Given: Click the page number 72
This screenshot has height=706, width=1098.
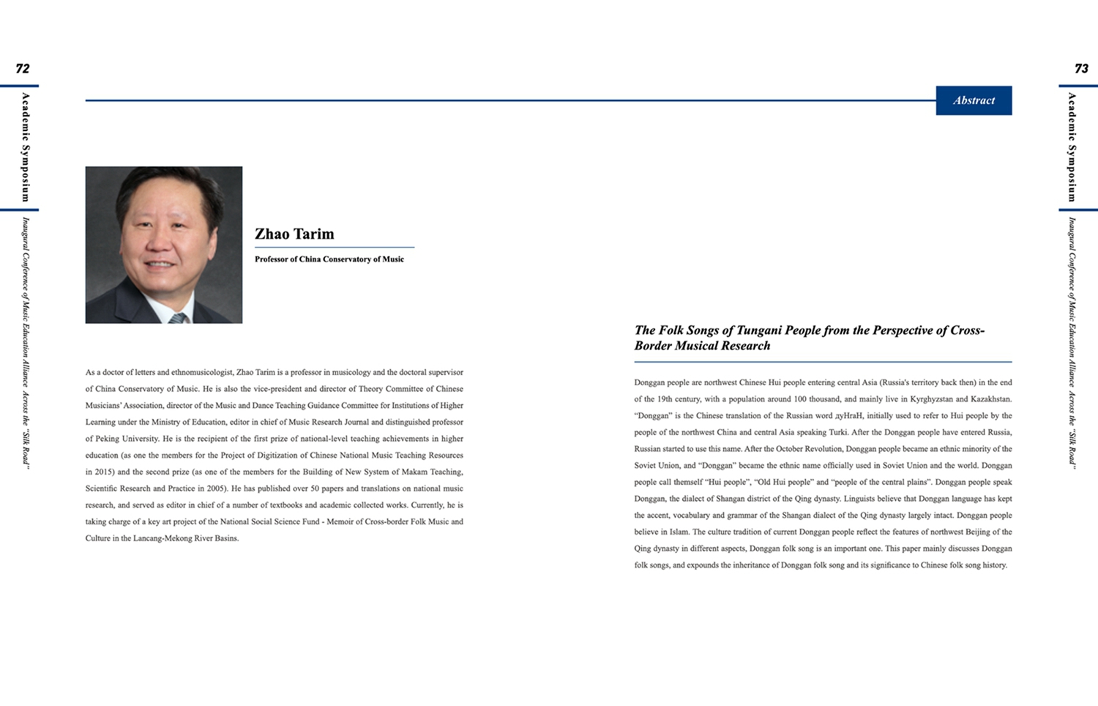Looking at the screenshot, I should pos(23,69).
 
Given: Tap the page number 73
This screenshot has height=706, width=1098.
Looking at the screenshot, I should pos(1081,69).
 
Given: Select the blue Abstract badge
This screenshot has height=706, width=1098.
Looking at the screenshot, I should pos(974,100).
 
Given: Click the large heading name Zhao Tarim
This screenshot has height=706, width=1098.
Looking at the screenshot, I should pos(294,234).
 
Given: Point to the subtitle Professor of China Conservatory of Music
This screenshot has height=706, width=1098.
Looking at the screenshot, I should pos(329,259).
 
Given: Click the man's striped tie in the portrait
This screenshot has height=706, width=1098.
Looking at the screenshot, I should pos(178,318).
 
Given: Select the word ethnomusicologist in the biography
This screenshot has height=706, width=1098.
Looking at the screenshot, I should pos(201,373).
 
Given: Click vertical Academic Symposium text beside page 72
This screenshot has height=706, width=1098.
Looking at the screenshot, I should pos(26,147).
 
